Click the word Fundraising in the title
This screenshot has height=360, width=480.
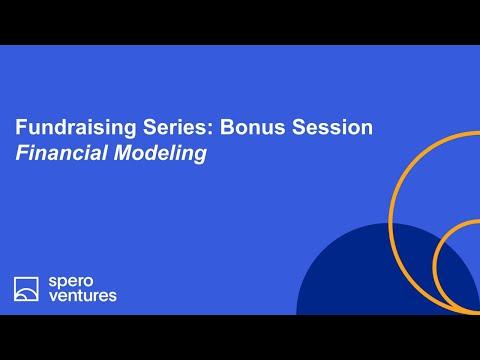click(76, 128)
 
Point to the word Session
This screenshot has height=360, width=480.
click(332, 127)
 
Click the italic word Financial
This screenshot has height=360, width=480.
click(61, 153)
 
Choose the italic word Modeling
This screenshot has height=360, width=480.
click(160, 153)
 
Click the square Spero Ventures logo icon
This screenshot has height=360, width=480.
click(26, 289)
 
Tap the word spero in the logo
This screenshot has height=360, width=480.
click(71, 283)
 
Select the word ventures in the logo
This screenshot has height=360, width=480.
click(83, 295)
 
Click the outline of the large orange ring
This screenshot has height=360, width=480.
click(391, 223)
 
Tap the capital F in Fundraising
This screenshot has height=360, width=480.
click(21, 127)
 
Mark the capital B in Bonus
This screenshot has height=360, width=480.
click(227, 127)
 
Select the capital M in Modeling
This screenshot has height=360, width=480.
click(124, 153)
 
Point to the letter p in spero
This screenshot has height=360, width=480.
click(63, 284)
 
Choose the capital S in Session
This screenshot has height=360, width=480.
click(299, 127)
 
